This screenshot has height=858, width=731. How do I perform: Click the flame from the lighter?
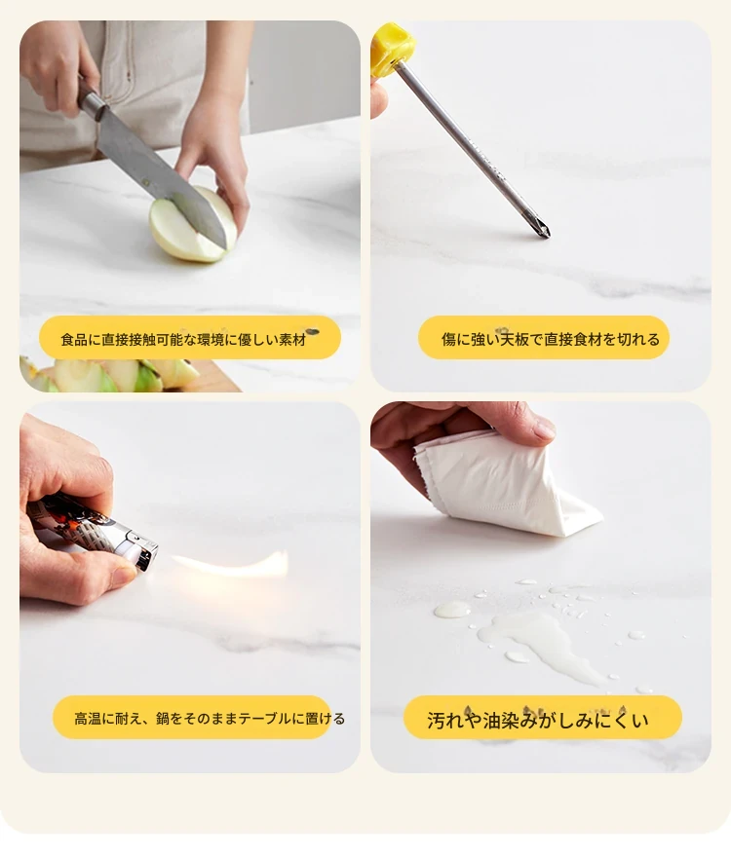230,564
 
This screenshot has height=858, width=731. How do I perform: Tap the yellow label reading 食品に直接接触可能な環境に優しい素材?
190,338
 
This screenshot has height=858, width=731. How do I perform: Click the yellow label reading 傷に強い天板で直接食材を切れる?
544,338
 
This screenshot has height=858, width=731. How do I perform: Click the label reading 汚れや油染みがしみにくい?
543,718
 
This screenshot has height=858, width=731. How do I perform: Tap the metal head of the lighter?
139,550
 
